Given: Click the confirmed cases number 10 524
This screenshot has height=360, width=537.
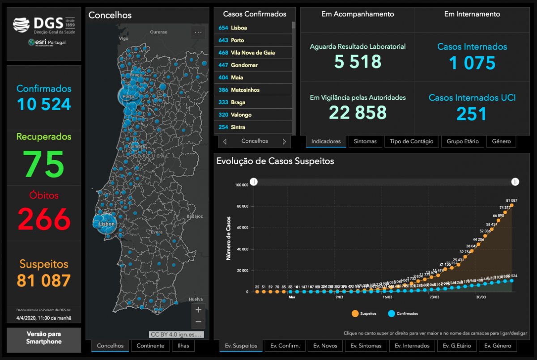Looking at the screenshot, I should click(44, 104).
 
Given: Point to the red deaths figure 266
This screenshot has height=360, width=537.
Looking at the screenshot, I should click(44, 219).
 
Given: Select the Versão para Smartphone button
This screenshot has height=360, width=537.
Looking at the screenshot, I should click(44, 338).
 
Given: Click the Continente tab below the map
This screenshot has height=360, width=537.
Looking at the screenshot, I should click(151, 346).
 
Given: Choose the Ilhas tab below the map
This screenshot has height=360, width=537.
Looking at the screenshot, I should click(183, 346).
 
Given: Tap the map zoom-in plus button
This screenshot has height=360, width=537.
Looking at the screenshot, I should click(199, 309).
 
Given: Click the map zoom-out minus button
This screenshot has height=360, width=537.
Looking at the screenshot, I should click(199, 322).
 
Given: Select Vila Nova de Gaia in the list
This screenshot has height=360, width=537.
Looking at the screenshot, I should click(253, 53).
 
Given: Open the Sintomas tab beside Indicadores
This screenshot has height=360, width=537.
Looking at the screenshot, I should click(365, 141).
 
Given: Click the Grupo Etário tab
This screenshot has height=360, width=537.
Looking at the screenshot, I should click(462, 141).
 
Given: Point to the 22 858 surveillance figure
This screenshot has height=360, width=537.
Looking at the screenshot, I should click(358, 112).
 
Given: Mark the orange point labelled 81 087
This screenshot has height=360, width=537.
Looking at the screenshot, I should click(511, 205).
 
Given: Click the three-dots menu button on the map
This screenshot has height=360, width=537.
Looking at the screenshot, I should click(198, 32).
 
